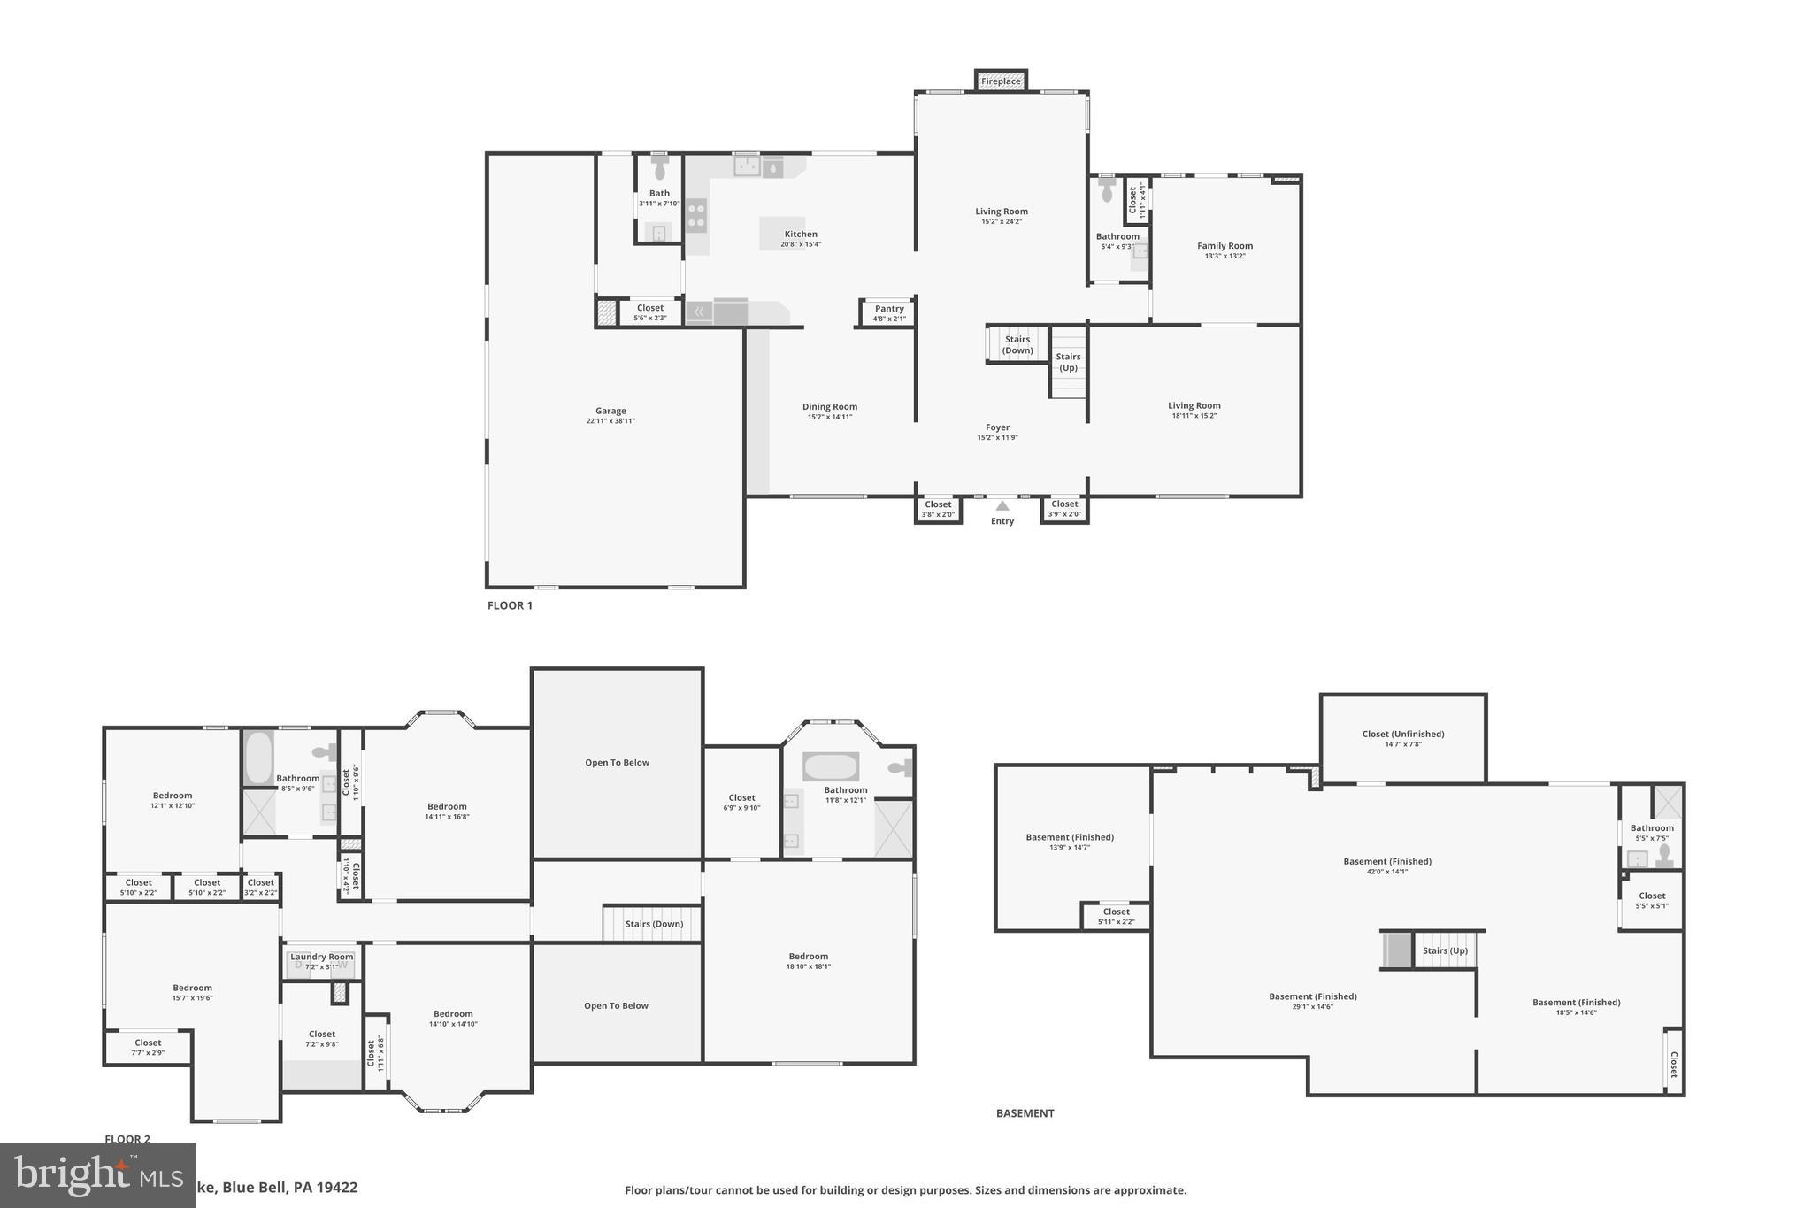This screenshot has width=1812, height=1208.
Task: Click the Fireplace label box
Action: (x=1001, y=81)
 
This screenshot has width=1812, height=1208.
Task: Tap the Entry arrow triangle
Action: (x=1002, y=506)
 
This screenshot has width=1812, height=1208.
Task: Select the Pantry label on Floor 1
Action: (x=889, y=309)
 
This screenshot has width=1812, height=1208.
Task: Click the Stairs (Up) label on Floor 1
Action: (x=1068, y=362)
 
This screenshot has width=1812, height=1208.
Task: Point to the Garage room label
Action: (x=610, y=411)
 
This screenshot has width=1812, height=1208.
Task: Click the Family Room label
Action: (x=1225, y=246)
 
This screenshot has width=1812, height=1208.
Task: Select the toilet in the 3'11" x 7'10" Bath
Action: (x=659, y=168)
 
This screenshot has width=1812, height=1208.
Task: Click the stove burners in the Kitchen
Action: (x=696, y=215)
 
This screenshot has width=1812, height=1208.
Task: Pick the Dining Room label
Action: (x=830, y=407)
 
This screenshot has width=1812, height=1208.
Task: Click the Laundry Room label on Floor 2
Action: (x=321, y=957)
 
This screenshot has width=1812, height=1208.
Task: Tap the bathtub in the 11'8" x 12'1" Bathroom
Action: (x=830, y=766)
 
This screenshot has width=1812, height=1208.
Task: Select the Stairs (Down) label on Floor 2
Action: (x=654, y=924)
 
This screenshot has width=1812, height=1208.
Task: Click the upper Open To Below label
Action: (x=617, y=763)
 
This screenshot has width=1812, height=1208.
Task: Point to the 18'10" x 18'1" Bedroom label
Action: (x=808, y=957)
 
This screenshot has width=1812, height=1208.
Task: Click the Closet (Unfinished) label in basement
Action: (x=1402, y=734)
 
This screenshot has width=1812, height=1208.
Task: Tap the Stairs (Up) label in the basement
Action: (x=1445, y=950)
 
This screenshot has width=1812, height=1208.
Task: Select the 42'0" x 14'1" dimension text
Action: (x=1386, y=872)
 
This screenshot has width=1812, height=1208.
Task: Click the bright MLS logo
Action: (x=97, y=1175)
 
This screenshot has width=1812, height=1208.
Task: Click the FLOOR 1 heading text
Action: (x=510, y=606)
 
